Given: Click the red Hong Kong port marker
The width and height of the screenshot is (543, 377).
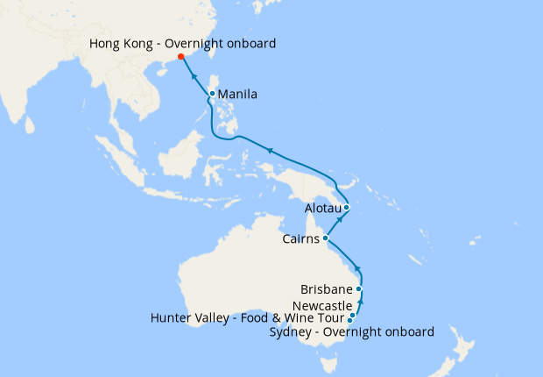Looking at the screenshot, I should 180,57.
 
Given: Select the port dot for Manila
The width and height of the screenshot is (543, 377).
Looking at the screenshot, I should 212,93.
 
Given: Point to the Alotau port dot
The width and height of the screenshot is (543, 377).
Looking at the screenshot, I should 347,208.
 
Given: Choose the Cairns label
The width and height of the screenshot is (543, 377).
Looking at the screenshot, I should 300,238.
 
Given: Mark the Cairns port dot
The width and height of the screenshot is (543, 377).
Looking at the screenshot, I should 325,238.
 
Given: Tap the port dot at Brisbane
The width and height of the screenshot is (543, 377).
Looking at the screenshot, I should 359,288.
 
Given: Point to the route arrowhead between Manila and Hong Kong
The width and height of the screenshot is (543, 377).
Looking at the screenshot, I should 193,75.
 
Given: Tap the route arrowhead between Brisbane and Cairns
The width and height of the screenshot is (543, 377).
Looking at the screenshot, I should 357,267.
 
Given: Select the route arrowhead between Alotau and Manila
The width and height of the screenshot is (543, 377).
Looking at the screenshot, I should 270,151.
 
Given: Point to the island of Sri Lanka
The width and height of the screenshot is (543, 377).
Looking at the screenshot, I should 30,124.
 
